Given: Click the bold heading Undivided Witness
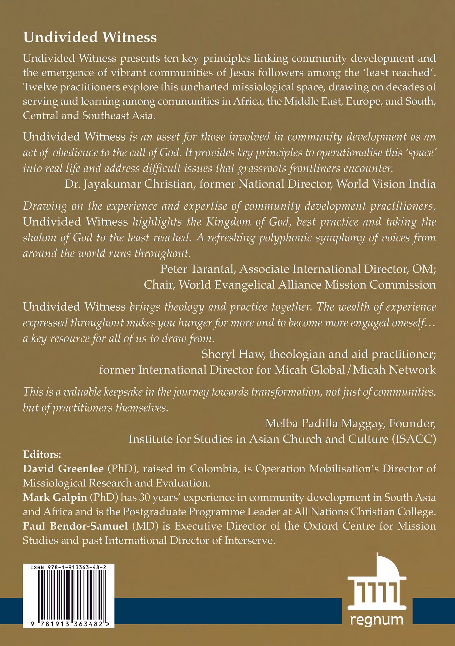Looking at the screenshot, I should (90, 37).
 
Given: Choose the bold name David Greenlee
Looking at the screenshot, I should (63, 469).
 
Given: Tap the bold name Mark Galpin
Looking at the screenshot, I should (55, 497).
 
